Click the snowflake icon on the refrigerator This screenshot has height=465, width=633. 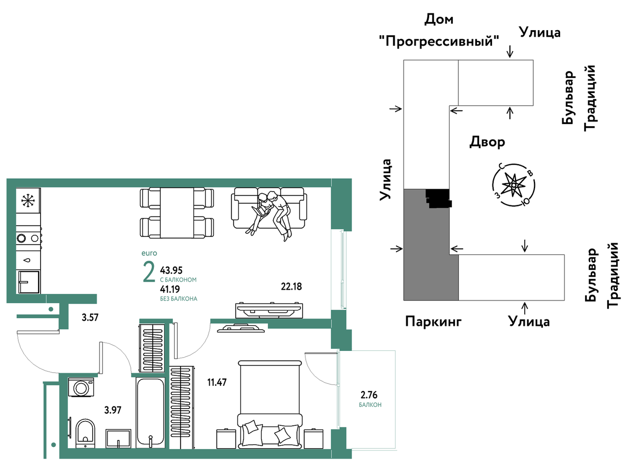pos(28,200)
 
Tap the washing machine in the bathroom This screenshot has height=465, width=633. pos(81,387)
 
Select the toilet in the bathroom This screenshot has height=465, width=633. pos(85,433)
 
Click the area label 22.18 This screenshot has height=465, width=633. pos(291,287)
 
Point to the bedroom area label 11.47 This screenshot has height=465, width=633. pos(217,382)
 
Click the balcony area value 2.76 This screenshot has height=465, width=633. pos(369,395)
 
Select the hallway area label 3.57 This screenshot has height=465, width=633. pos(90,318)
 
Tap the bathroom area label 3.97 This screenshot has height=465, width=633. pos(113,410)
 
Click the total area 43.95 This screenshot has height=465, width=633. pos(171,270)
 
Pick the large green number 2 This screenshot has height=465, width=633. pos(149,272)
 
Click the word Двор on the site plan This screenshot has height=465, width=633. pos(487,142)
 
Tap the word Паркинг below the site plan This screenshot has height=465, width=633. pos(433,321)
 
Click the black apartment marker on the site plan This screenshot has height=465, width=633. pos(439,198)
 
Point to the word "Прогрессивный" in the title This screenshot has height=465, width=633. pos(439,41)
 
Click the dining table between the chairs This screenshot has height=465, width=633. pos(177,213)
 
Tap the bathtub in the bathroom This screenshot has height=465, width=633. pos(150,413)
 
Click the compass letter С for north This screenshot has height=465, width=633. pos(502,166)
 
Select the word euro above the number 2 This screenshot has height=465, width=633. pos(149,253)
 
